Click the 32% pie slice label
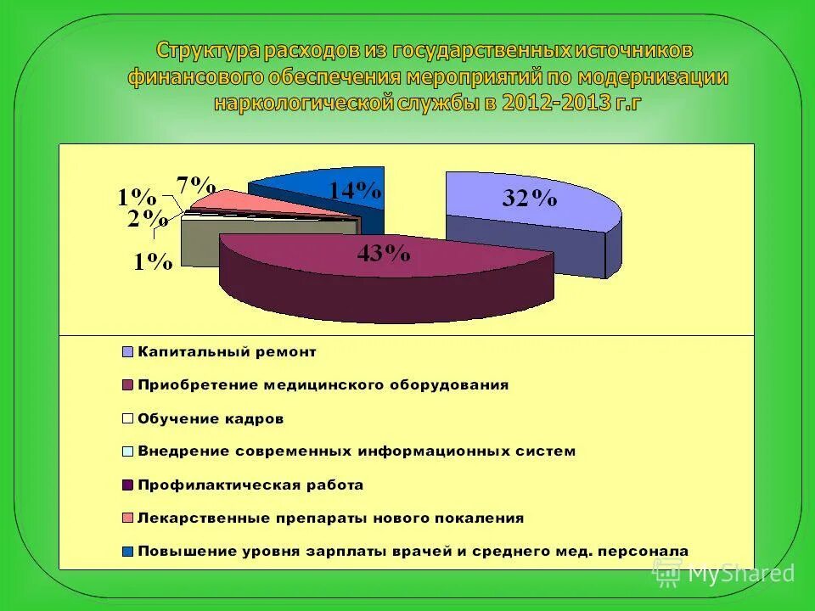pyautogui.click(x=529, y=199)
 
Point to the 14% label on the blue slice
pyautogui.click(x=356, y=189)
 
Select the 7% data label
pyautogui.click(x=195, y=184)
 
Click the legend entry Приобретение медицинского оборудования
pyautogui.click(x=323, y=384)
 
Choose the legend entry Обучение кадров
pyautogui.click(x=211, y=418)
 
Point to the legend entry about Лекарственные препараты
pyautogui.click(x=330, y=518)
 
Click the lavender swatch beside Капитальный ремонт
pyautogui.click(x=128, y=351)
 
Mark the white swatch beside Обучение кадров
pyautogui.click(x=128, y=418)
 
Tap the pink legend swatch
pyautogui.click(x=128, y=518)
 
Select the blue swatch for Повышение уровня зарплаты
pyautogui.click(x=128, y=551)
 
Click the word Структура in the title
pyautogui.click(x=207, y=51)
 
